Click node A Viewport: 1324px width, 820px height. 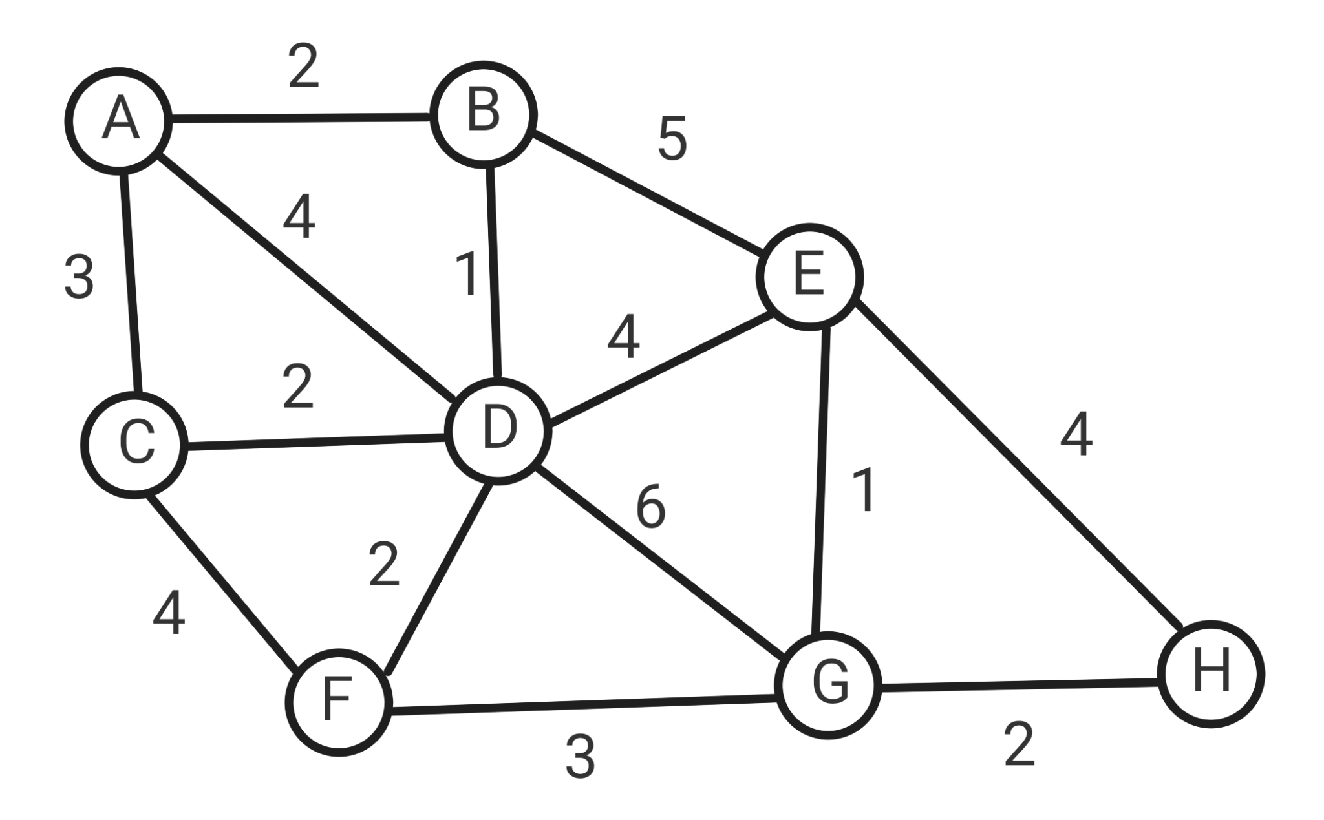click(x=119, y=120)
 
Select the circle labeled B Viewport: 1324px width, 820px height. click(x=484, y=114)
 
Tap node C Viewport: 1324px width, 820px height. click(x=134, y=445)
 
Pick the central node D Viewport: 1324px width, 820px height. click(x=499, y=431)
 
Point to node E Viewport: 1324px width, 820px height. click(x=810, y=277)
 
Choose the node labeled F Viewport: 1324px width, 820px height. click(x=338, y=702)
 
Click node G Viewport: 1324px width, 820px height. click(x=829, y=685)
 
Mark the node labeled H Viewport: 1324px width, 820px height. click(x=1211, y=674)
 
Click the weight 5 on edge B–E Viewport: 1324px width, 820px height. click(x=672, y=140)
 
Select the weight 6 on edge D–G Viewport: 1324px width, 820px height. click(x=650, y=507)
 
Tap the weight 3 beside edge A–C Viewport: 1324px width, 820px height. click(x=79, y=278)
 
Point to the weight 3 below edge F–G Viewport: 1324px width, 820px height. click(x=580, y=757)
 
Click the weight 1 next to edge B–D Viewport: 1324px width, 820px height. click(x=467, y=275)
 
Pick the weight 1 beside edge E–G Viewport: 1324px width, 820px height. click(x=865, y=491)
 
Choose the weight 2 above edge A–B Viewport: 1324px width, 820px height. click(x=304, y=67)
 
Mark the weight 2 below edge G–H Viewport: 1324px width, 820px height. click(x=1020, y=745)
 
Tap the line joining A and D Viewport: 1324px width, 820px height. click(x=304, y=275)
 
